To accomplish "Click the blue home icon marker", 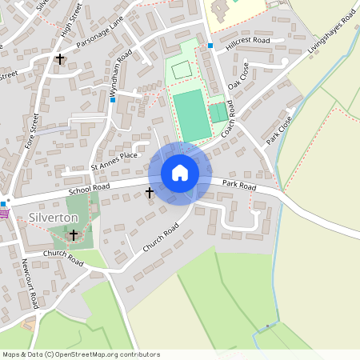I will pyautogui.click(x=180, y=173).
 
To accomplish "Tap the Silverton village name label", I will pyautogui.click(x=54, y=218).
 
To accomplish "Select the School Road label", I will pyautogui.click(x=88, y=190).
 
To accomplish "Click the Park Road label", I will pyautogui.click(x=239, y=186).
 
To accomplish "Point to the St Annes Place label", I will pyautogui.click(x=114, y=166).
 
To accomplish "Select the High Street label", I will pyautogui.click(x=71, y=20).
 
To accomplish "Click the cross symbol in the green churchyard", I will pyautogui.click(x=74, y=235).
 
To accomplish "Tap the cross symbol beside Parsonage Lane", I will pyautogui.click(x=60, y=58).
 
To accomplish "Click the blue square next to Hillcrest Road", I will pyautogui.click(x=210, y=46).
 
